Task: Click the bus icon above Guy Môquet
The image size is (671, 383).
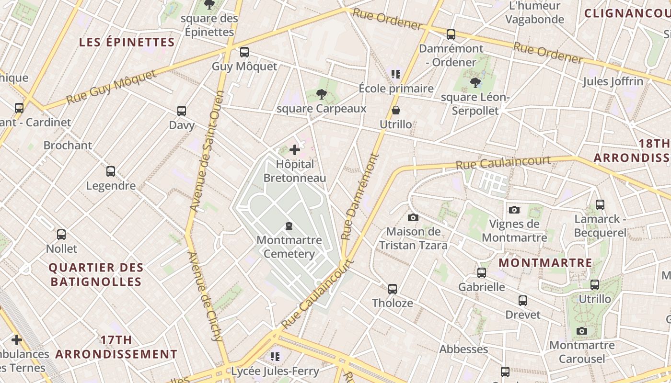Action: pos(244,52)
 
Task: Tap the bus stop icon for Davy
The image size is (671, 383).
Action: pos(182,111)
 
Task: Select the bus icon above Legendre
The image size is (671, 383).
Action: pos(111,171)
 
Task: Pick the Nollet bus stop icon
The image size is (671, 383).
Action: pos(61,235)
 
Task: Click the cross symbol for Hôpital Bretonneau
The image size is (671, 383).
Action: pos(295,150)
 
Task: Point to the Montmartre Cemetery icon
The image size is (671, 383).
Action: pos(289,225)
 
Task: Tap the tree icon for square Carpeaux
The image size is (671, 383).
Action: pos(322,94)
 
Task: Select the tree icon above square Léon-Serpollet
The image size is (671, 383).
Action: pos(475,83)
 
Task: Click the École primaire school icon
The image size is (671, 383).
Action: pos(396,74)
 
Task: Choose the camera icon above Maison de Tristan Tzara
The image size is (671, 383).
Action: pos(413,218)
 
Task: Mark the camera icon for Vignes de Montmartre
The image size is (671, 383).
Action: pos(514,210)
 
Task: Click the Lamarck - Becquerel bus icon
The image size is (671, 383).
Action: pos(600,205)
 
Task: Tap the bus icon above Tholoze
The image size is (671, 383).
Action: pos(393,289)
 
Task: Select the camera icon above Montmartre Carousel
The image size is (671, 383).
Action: pos(582,331)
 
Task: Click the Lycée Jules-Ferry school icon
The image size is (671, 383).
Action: pos(275,356)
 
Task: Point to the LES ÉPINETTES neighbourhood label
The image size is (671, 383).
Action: pos(127,42)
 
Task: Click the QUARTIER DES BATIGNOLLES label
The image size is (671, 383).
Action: pos(96,274)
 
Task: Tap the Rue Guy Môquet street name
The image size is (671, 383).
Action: pos(112,87)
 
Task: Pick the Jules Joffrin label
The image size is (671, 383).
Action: pos(613,81)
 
